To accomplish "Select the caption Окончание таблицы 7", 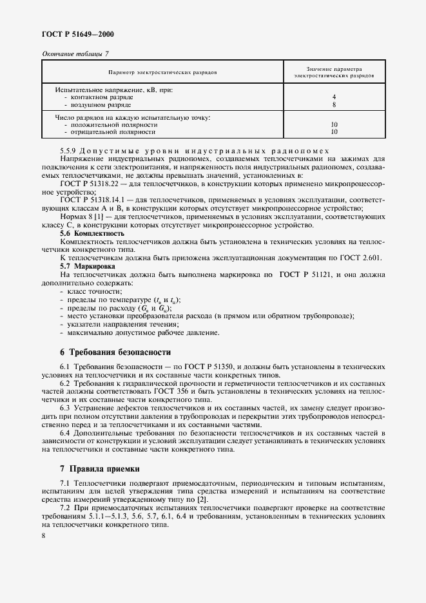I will pos(75,53).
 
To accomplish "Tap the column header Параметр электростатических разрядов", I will pos(162,72).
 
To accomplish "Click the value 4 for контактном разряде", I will pos(334,97).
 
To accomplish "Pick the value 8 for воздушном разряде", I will pos(334,104).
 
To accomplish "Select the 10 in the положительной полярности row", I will pos(334,124).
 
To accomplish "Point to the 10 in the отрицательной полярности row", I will pos(334,131).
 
